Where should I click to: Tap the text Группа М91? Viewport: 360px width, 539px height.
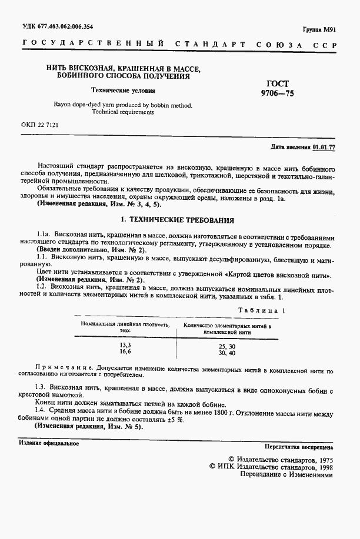(x=318, y=29)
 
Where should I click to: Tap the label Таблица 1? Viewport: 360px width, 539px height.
(x=262, y=310)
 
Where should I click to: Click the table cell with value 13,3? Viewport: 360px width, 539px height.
(x=126, y=346)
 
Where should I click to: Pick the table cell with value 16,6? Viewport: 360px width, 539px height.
(x=126, y=352)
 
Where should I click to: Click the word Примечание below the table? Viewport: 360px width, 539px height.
(x=61, y=371)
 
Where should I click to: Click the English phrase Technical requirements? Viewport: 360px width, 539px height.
(x=123, y=112)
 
